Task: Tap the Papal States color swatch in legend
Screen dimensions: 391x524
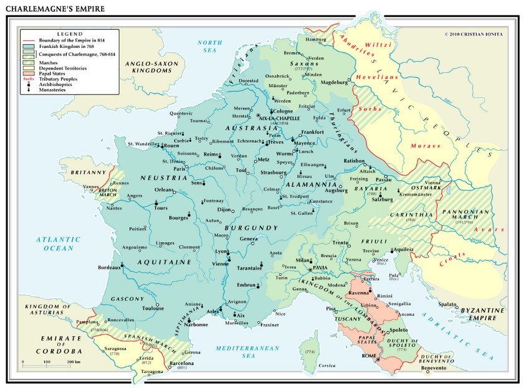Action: click(x=29, y=73)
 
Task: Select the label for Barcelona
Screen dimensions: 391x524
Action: click(x=179, y=362)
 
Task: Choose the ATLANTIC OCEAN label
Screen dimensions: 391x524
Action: click(x=57, y=243)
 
